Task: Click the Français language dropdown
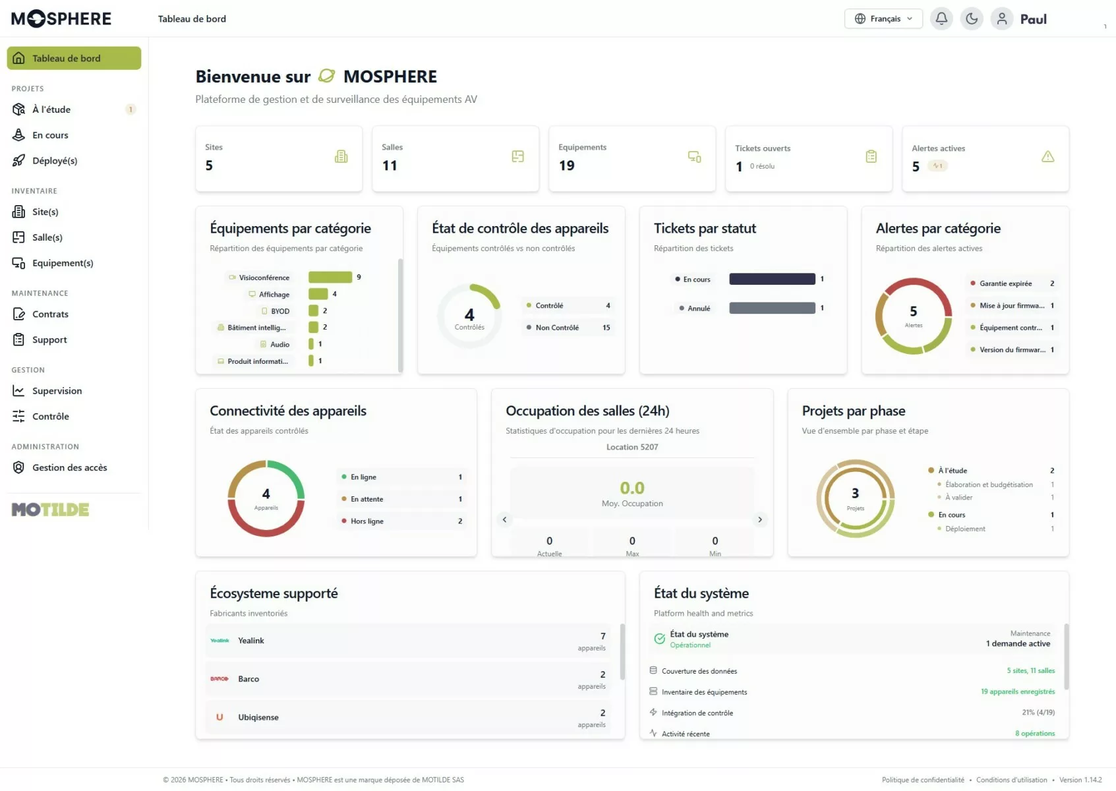tap(883, 18)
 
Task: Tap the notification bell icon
tap(941, 18)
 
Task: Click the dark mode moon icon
tap(972, 18)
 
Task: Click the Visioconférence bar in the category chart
tap(330, 277)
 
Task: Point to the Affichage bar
tap(318, 294)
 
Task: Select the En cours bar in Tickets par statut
tap(772, 279)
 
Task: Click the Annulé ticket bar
tap(772, 308)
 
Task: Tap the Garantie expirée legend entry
tap(1012, 283)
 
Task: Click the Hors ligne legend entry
tap(401, 521)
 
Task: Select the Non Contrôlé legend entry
tap(568, 327)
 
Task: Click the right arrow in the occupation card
tap(760, 519)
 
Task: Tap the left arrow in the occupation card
tap(505, 519)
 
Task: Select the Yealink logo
tap(220, 641)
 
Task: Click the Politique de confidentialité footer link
tap(923, 780)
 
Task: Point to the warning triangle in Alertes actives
tap(1047, 156)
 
